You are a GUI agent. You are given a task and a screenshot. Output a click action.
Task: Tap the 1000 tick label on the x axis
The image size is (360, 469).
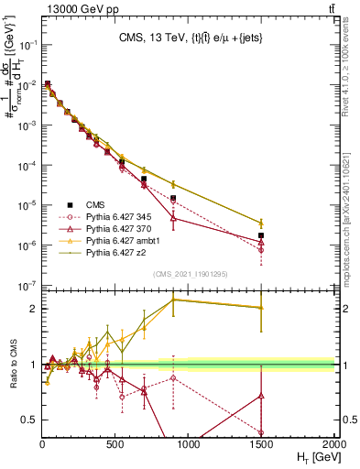189,443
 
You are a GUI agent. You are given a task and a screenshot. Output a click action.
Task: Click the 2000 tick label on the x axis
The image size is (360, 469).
334,443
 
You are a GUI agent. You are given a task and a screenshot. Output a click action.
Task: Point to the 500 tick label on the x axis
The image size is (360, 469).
115,443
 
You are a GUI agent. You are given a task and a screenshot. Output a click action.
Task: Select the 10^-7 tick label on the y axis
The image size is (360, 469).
25,286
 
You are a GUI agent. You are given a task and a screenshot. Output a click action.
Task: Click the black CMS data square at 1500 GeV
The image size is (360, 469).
261,236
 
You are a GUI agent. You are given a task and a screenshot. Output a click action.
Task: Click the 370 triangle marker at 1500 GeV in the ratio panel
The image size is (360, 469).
261,396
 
